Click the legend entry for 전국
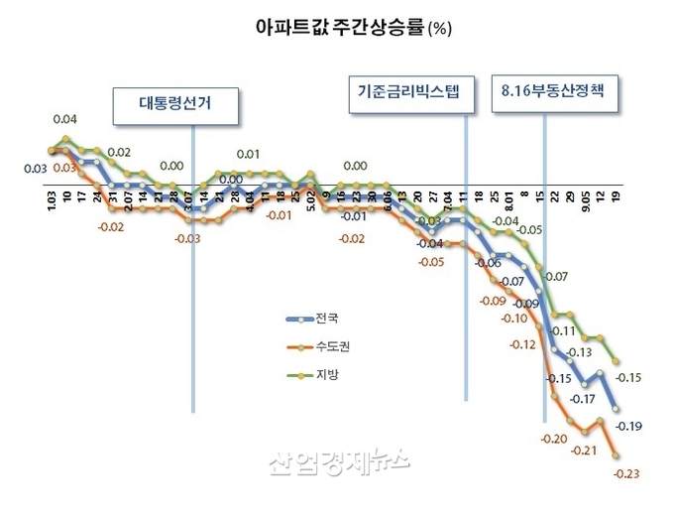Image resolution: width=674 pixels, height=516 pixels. (x=325, y=320)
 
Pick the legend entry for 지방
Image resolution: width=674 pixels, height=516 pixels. (x=325, y=375)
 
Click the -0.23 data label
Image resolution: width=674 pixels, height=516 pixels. (x=626, y=472)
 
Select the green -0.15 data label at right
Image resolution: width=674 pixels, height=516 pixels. (x=628, y=377)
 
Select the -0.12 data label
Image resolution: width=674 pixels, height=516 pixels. (x=521, y=344)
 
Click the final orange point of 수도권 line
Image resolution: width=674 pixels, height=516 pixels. (x=617, y=455)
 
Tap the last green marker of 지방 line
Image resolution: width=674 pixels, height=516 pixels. (x=617, y=361)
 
